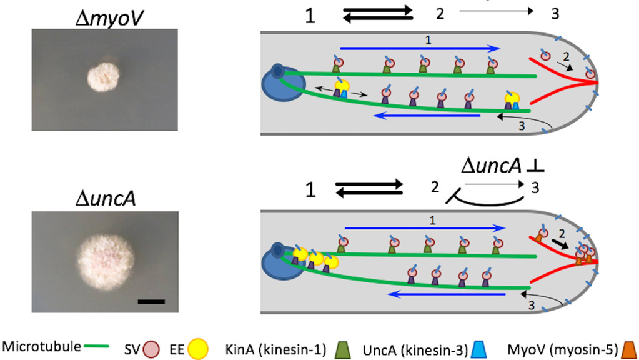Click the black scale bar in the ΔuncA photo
(x=151, y=301)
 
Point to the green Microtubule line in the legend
(x=94, y=344)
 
